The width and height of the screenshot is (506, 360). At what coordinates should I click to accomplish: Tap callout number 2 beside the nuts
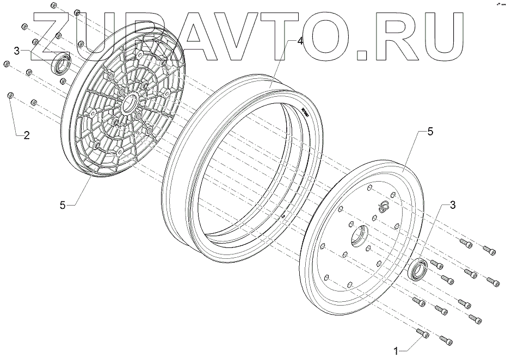(x=26, y=136)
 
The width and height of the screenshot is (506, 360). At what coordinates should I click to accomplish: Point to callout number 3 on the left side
(x=17, y=51)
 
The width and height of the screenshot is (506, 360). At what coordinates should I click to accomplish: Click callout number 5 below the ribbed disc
(x=63, y=205)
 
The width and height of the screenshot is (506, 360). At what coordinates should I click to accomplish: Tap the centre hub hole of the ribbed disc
(x=130, y=103)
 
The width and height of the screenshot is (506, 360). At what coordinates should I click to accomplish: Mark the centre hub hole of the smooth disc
(x=359, y=235)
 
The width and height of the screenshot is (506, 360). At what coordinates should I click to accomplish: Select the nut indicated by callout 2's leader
(x=10, y=96)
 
